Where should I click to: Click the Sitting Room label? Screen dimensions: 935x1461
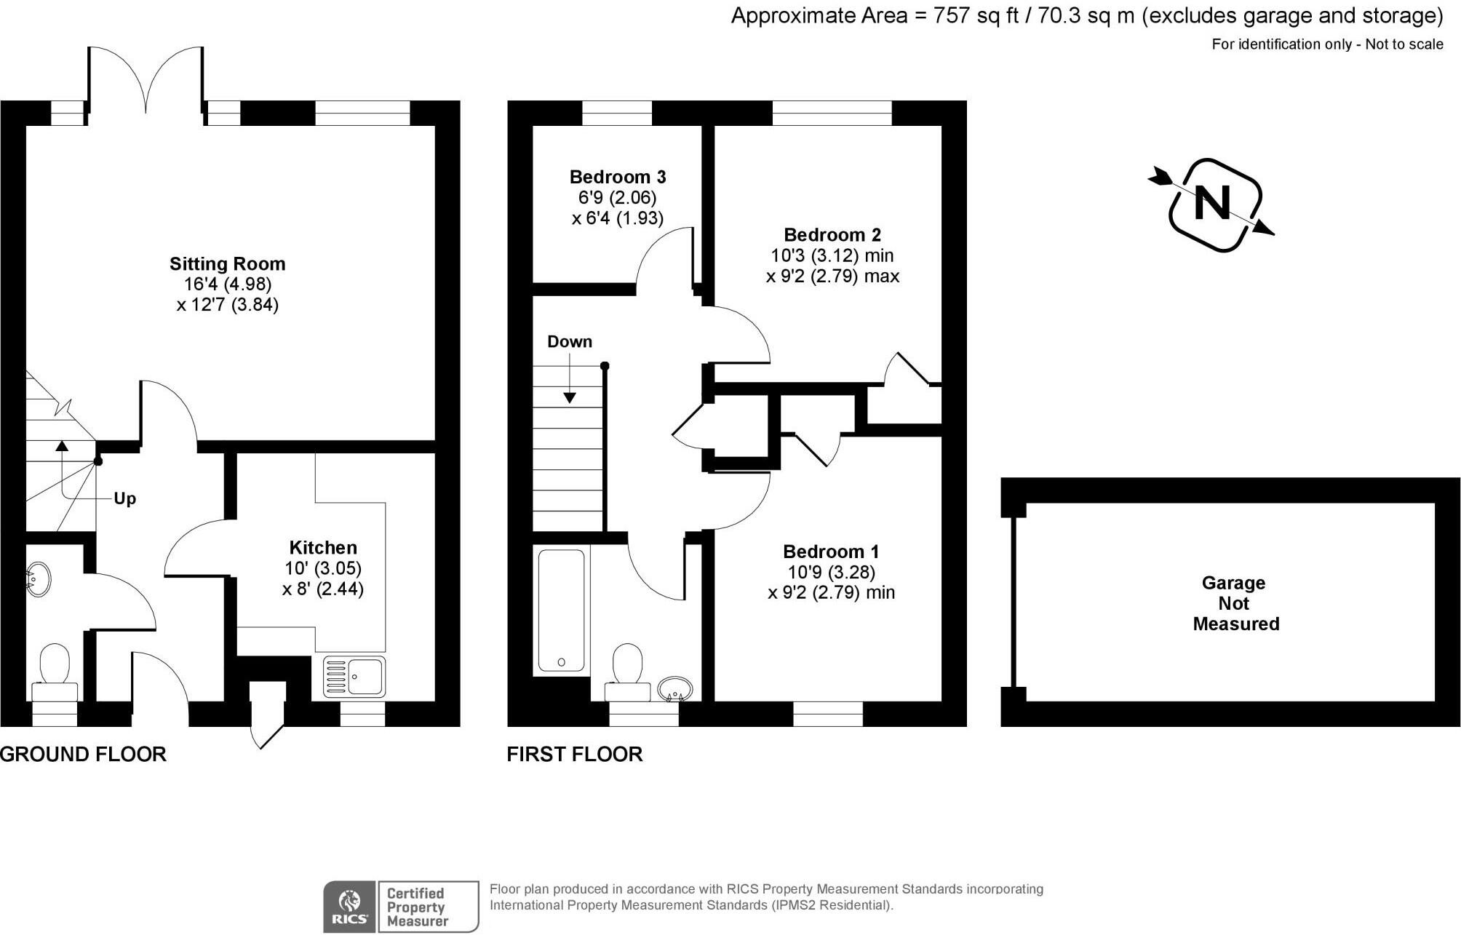[x=227, y=264]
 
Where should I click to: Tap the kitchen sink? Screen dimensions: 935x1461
[x=354, y=677]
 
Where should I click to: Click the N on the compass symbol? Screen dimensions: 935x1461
[x=1212, y=204]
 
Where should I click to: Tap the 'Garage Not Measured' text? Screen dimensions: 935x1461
[x=1235, y=603]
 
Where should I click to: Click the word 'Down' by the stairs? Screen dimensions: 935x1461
[x=569, y=342]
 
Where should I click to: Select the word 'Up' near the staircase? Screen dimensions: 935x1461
[x=124, y=499]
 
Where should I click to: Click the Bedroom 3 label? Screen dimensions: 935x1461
[x=617, y=177]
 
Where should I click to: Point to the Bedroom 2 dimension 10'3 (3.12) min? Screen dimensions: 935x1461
[x=832, y=256]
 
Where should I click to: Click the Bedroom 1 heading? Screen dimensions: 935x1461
[x=831, y=552]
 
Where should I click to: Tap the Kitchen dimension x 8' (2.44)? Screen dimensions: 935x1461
[x=322, y=589]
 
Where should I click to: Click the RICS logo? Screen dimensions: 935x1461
[x=350, y=907]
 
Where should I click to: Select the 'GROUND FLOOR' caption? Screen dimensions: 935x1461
[x=83, y=755]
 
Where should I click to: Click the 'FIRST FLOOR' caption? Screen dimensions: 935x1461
[x=574, y=755]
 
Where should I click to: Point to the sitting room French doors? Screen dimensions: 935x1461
[x=146, y=80]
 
